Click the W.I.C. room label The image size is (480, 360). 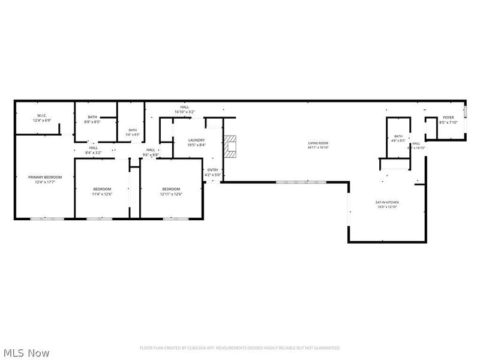(x=42, y=115)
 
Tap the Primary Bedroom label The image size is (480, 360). (x=45, y=178)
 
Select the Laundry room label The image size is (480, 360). (x=196, y=140)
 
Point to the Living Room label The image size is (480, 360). (x=318, y=143)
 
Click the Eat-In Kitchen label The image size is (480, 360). (x=387, y=202)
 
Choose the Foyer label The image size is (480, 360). (x=448, y=118)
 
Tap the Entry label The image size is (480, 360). (x=213, y=170)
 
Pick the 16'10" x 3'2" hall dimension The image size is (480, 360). (x=184, y=112)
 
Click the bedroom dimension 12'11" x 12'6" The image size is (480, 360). (x=171, y=194)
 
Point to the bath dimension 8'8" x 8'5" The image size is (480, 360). (x=92, y=121)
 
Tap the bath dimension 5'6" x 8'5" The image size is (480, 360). (x=133, y=134)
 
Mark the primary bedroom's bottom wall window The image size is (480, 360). (x=47, y=218)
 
